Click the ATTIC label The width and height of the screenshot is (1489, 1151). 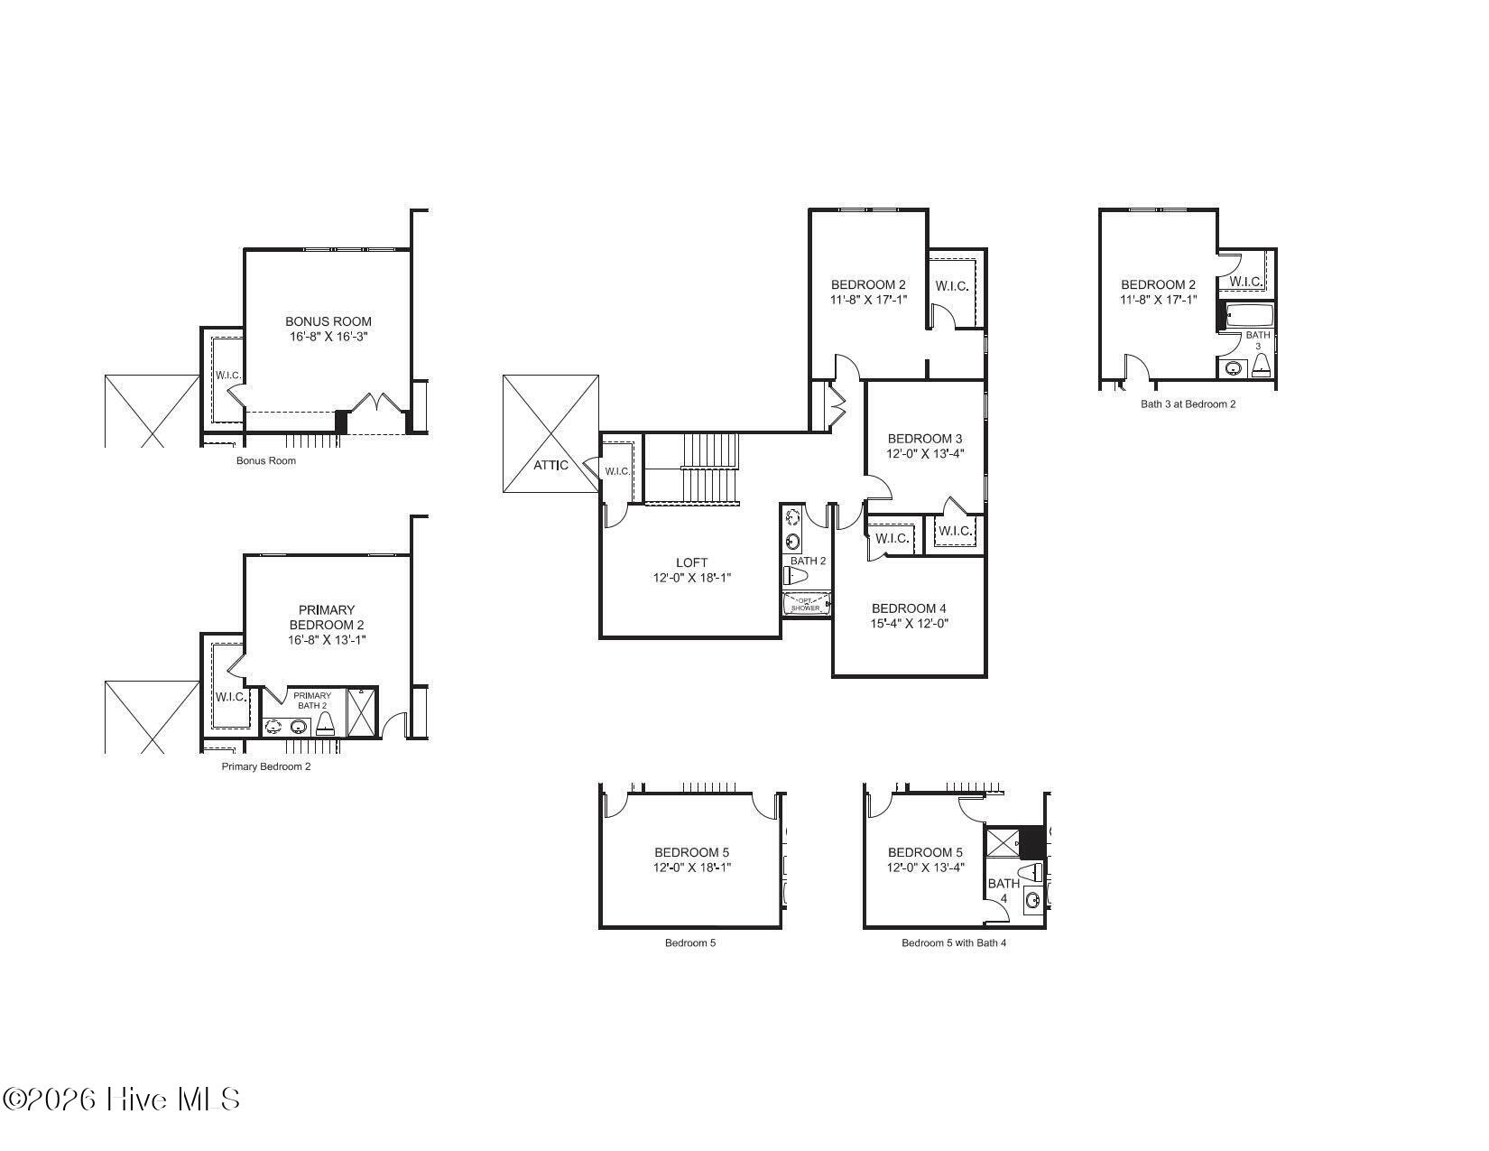[x=550, y=466]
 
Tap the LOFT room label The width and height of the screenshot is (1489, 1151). [x=691, y=562]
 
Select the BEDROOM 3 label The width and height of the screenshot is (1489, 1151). [x=925, y=439]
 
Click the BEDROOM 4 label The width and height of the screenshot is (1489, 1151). [x=909, y=608]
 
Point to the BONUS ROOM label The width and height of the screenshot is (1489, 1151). [x=328, y=321]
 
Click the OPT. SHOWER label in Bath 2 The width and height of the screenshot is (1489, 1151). [x=806, y=605]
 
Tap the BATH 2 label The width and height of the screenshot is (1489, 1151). [x=808, y=561]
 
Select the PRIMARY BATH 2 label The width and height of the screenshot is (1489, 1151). [x=312, y=701]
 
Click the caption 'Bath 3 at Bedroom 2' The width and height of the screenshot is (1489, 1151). [x=1188, y=404]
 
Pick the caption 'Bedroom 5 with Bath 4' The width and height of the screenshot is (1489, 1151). [x=954, y=943]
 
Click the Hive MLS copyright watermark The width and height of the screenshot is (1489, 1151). [x=121, y=1100]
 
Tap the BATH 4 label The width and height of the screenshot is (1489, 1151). [x=1003, y=891]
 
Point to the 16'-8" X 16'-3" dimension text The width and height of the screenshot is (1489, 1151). [x=328, y=337]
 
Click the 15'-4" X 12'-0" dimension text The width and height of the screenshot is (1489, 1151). [x=909, y=624]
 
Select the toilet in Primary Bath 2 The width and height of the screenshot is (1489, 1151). [x=326, y=723]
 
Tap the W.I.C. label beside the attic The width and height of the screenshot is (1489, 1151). [x=617, y=471]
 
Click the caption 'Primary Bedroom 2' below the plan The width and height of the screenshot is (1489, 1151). [x=266, y=767]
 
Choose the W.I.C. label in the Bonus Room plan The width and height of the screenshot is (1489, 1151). [x=228, y=376]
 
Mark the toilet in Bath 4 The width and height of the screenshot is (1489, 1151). [x=1031, y=872]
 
